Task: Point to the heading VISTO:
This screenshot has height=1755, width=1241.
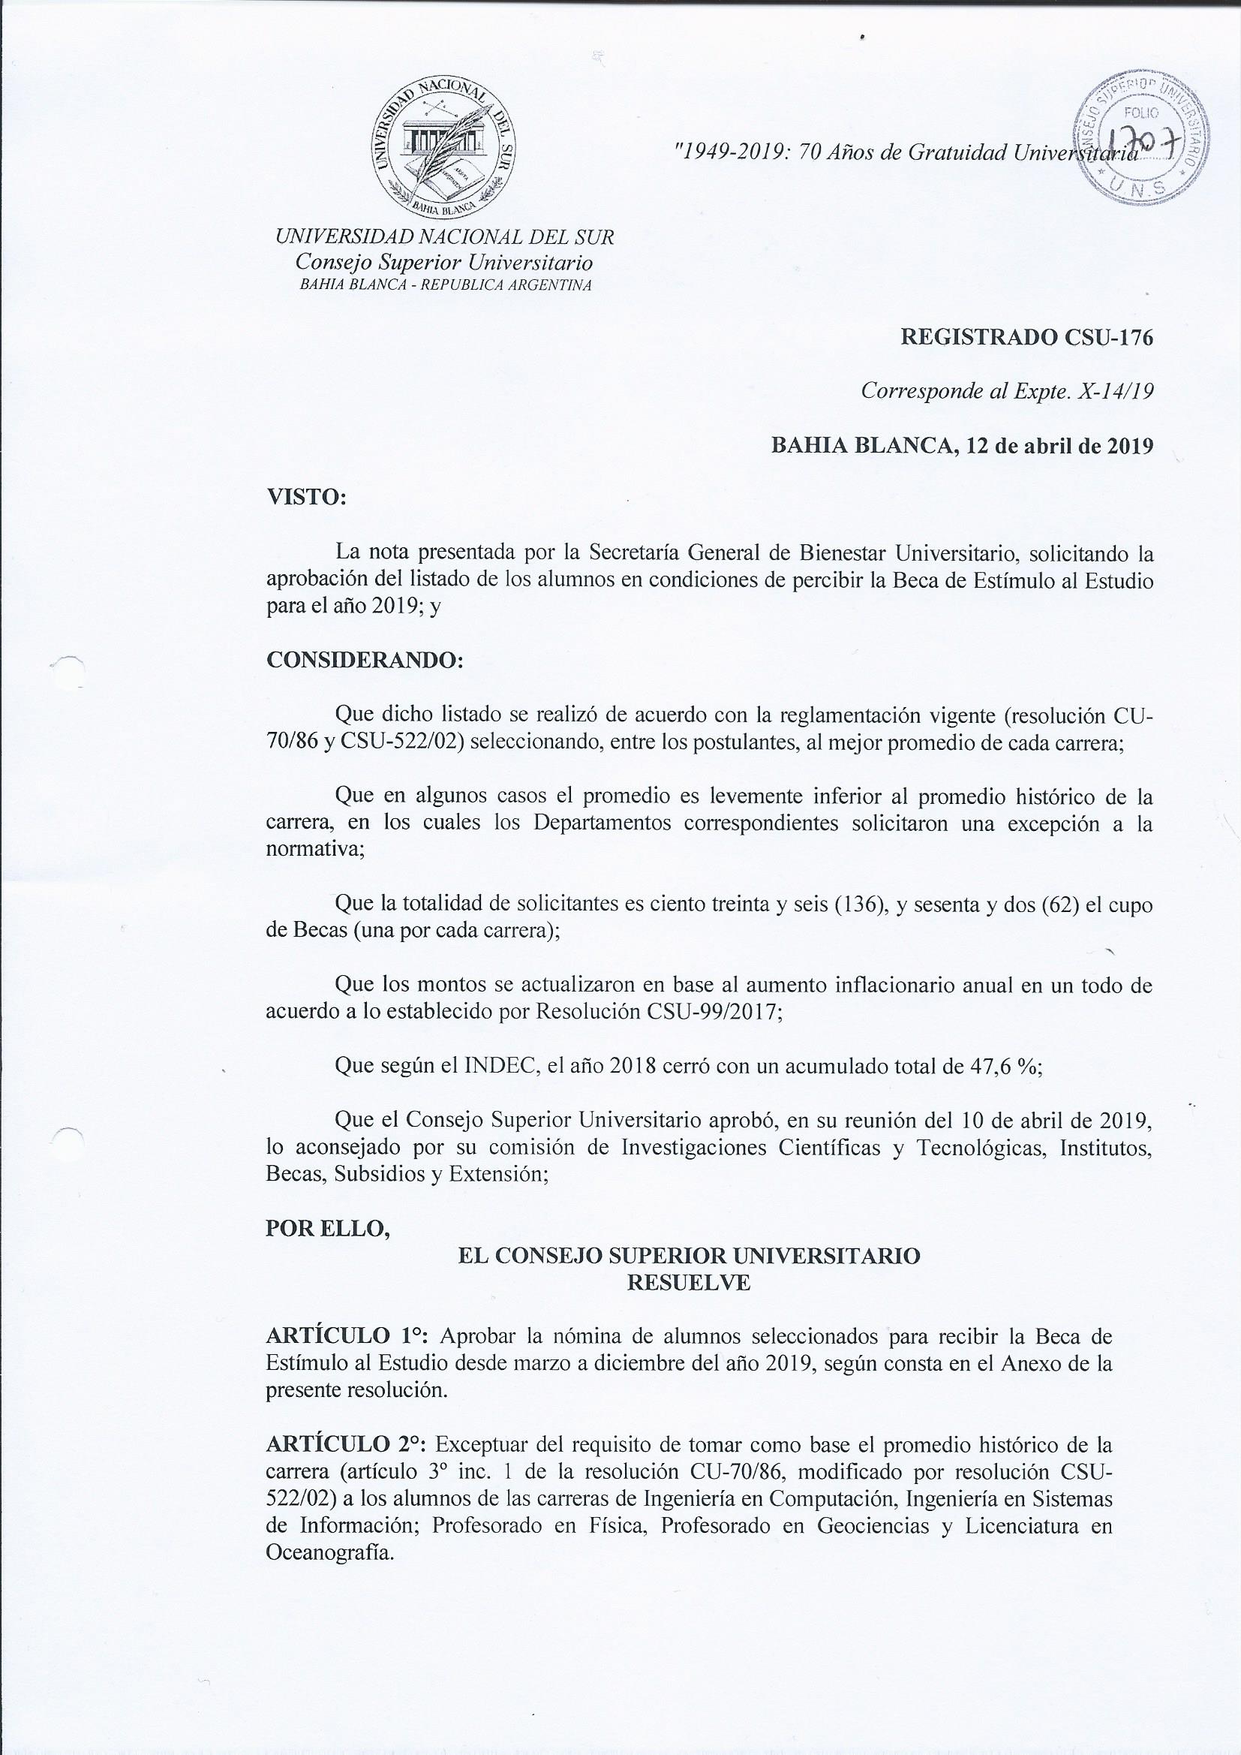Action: (305, 497)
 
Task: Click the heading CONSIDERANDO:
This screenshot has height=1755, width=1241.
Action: (365, 661)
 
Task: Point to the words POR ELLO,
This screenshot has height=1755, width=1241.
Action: (328, 1228)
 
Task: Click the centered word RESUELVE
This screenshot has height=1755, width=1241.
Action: (689, 1283)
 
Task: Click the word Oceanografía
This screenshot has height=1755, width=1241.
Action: (329, 1552)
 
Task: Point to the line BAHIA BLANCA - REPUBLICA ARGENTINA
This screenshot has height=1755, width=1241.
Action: (446, 286)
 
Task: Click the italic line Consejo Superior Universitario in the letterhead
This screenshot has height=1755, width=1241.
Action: (444, 262)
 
